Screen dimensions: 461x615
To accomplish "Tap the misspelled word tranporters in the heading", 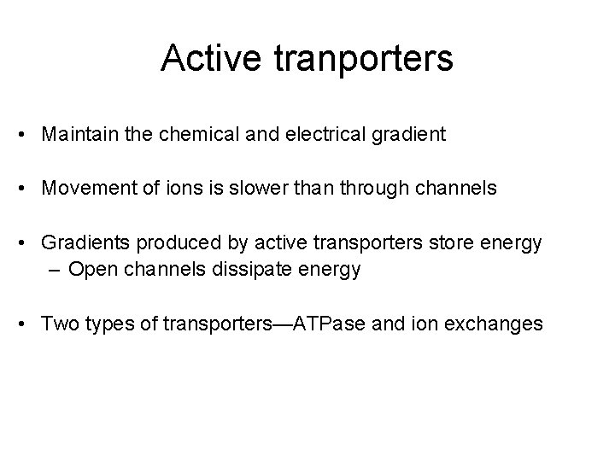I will (x=360, y=59).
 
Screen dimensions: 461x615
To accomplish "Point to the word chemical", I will (x=188, y=135).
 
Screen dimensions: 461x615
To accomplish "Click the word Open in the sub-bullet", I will (x=88, y=270).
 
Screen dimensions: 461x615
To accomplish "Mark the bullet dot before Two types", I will (x=26, y=324).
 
